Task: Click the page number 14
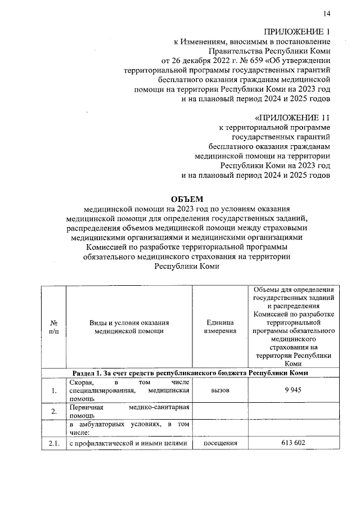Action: click(327, 14)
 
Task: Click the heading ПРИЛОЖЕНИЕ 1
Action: click(296, 31)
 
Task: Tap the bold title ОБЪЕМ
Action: click(186, 199)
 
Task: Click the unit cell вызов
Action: click(220, 390)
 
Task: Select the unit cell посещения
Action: click(220, 443)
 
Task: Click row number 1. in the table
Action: click(54, 390)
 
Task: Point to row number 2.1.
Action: click(54, 443)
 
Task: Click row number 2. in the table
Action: click(54, 411)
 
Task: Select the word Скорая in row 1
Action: click(82, 382)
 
